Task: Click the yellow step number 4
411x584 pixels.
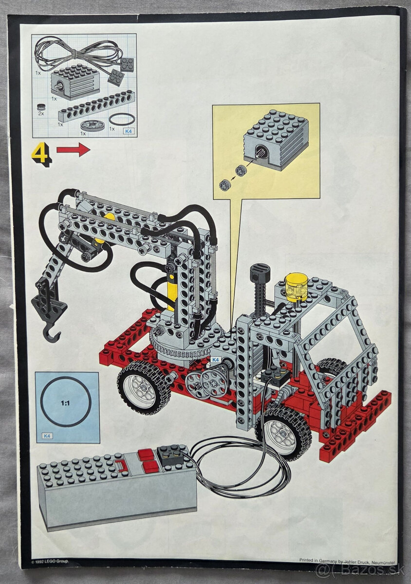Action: (x=41, y=153)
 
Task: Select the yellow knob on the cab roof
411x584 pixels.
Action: (x=297, y=287)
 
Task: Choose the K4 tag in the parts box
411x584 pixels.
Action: (x=129, y=131)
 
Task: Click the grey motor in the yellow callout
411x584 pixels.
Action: (x=275, y=139)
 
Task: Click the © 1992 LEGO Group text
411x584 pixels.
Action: (x=50, y=561)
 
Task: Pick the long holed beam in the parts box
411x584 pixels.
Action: (x=96, y=106)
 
